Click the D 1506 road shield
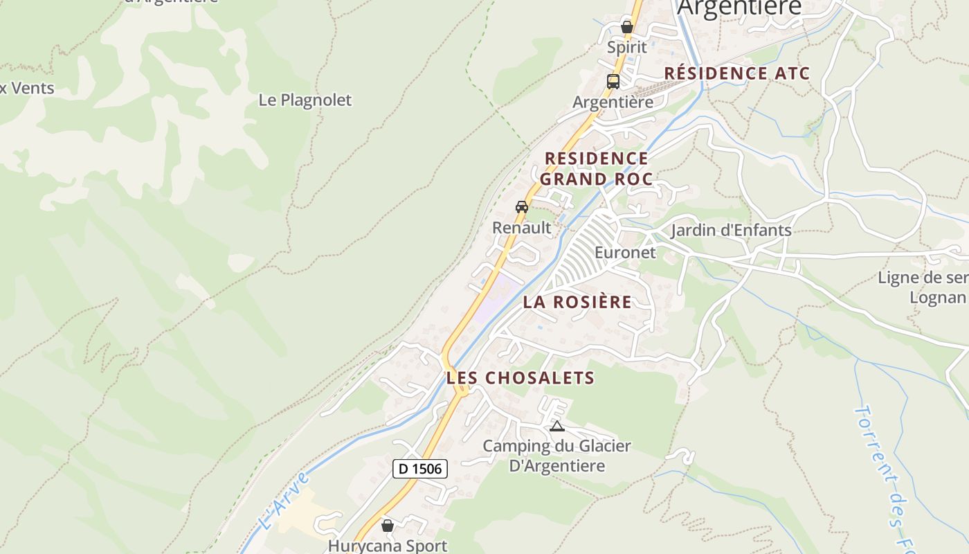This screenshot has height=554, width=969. [420, 469]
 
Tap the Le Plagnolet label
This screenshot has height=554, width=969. [305, 100]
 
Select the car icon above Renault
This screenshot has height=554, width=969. [522, 207]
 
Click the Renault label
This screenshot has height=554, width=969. [522, 227]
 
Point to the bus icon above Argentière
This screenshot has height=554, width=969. [613, 82]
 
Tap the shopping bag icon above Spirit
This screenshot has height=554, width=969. [627, 27]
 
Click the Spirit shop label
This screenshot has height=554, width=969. [627, 47]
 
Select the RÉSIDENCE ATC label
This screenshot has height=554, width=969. [737, 73]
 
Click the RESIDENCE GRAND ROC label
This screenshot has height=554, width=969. [596, 168]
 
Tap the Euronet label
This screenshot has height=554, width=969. [625, 252]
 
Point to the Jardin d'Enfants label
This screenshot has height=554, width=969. [731, 230]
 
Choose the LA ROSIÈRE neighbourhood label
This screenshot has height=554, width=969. [577, 302]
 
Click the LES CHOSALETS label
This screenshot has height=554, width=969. [520, 377]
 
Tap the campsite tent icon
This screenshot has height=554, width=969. [557, 426]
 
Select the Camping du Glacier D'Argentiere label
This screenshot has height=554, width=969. [557, 456]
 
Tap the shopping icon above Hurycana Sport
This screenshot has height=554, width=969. [388, 526]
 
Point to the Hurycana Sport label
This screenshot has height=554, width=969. [388, 546]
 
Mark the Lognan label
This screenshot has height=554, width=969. [937, 298]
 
